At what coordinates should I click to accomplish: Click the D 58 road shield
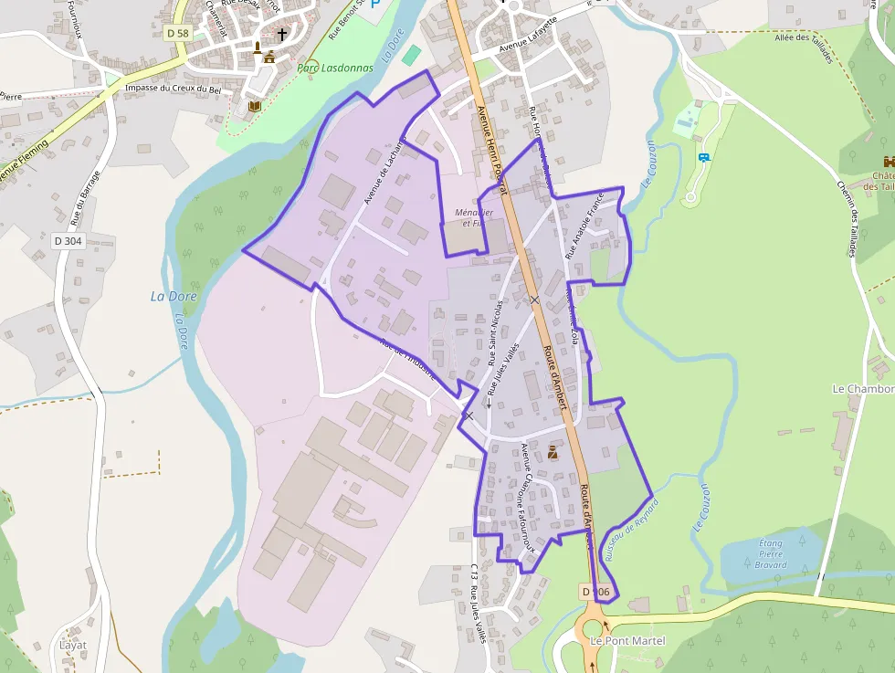click(x=177, y=33)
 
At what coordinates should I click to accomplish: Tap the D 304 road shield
click(x=68, y=241)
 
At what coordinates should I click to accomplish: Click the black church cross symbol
click(x=282, y=35)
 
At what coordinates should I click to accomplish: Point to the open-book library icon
click(x=254, y=107)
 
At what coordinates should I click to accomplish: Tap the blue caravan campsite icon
click(x=702, y=157)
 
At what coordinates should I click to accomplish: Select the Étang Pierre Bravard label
click(x=772, y=553)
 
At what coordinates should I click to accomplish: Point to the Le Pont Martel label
click(x=628, y=641)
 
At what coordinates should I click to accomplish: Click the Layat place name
click(x=73, y=645)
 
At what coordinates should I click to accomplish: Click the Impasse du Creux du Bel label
click(x=174, y=89)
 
